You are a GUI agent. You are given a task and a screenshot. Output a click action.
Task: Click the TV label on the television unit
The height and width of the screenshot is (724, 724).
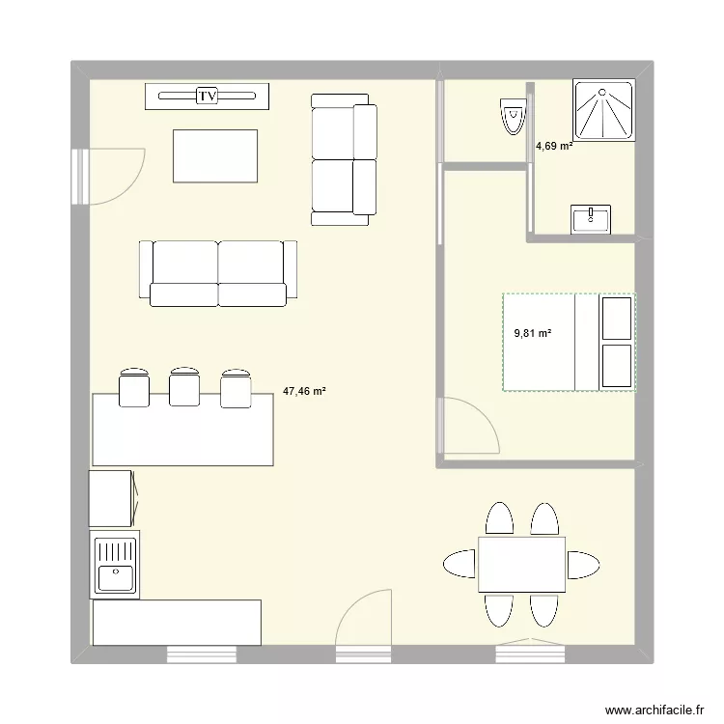208,96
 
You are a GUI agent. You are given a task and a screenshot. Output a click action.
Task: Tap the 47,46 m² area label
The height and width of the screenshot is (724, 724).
304,392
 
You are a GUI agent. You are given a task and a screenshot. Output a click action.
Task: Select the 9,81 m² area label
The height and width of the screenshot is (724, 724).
533,333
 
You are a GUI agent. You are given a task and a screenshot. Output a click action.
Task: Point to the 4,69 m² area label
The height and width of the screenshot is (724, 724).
554,147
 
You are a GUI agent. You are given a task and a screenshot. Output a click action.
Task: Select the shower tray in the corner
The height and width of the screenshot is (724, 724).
604,111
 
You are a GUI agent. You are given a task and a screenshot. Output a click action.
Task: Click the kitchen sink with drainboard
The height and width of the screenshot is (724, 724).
115,565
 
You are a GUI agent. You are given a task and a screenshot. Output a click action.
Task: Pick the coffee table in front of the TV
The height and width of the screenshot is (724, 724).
215,155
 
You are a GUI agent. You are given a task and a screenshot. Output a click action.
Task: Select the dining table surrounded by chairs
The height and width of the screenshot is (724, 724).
521,564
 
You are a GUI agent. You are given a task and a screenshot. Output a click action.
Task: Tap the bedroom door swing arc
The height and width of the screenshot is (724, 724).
473,425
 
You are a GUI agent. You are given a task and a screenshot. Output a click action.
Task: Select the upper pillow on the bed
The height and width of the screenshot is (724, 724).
617,318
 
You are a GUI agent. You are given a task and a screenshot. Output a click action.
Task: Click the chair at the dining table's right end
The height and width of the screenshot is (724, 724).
583,564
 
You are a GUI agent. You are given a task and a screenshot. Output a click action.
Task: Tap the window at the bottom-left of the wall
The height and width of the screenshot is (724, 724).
202,655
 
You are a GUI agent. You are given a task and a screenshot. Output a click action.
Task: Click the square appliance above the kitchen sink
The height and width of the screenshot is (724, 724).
111,498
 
